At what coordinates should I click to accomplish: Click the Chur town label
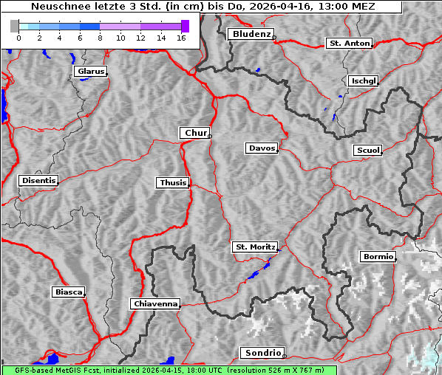click(x=195, y=133)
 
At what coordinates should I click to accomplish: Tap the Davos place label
click(x=261, y=148)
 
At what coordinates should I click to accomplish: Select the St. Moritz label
click(x=254, y=247)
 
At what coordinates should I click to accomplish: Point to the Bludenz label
click(x=250, y=34)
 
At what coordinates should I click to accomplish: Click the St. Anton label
click(x=348, y=44)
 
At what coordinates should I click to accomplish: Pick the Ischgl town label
click(x=363, y=80)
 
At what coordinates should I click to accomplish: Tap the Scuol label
click(x=367, y=151)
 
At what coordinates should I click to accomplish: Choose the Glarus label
click(x=89, y=72)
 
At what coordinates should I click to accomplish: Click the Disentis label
click(x=38, y=180)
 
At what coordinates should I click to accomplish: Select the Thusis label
click(x=172, y=182)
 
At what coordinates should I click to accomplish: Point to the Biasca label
click(x=68, y=292)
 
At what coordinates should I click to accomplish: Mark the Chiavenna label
click(x=154, y=303)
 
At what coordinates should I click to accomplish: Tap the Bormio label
click(x=378, y=257)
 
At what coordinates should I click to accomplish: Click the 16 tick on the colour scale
click(x=180, y=37)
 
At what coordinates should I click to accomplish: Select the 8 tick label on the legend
click(x=100, y=37)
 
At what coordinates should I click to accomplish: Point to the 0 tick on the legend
click(x=18, y=37)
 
